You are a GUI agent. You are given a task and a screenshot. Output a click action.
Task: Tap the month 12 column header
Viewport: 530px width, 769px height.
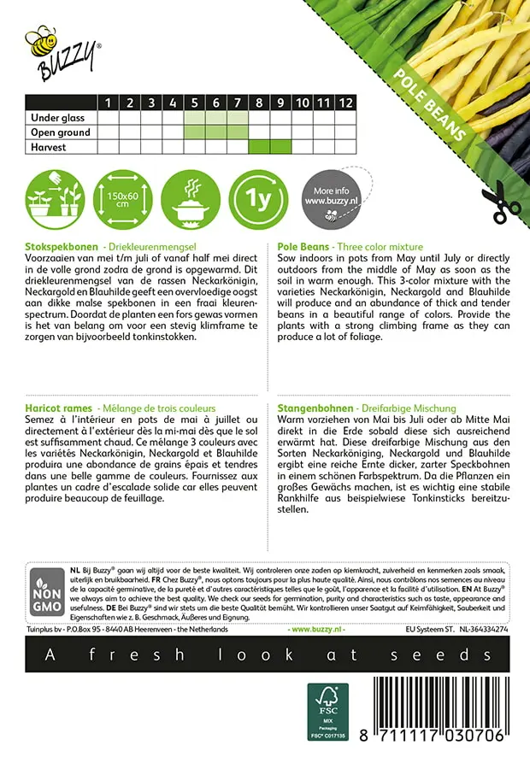coord(344,103)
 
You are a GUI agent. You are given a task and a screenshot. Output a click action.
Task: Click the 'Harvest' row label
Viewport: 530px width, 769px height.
coord(49,147)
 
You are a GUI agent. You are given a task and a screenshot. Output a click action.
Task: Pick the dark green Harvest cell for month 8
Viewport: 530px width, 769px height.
coord(259,147)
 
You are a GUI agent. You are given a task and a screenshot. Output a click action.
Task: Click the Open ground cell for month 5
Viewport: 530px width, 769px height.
coord(195,132)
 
